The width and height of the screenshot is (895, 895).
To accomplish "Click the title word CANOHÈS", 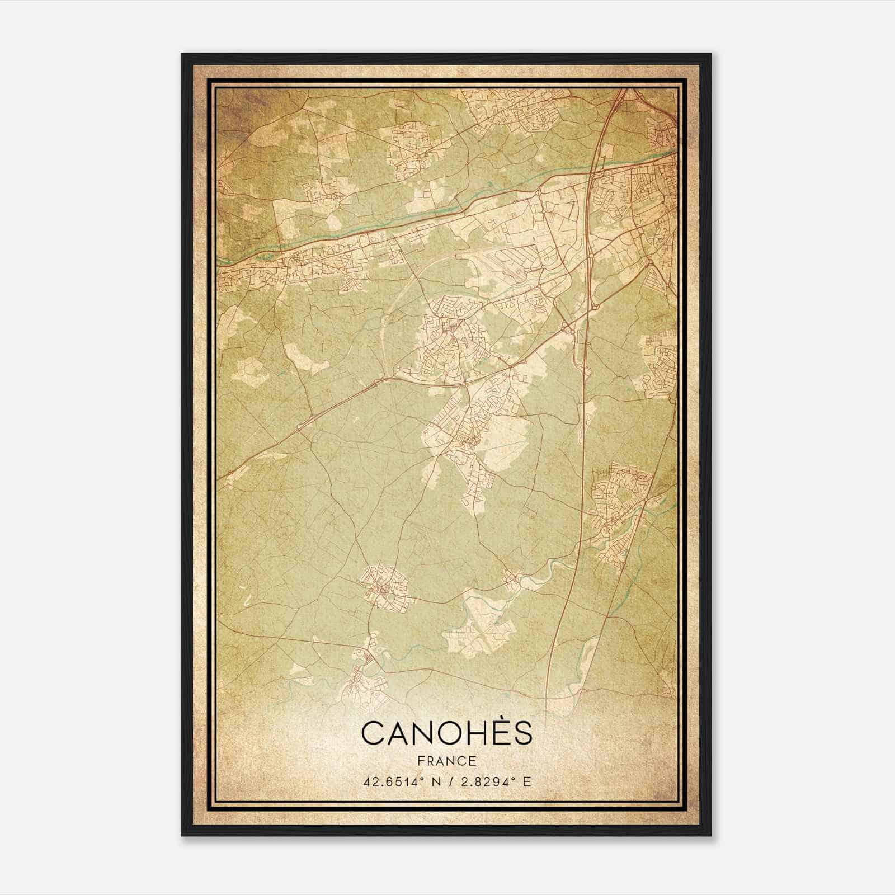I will [446, 733].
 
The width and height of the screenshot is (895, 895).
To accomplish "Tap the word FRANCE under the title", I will [446, 761].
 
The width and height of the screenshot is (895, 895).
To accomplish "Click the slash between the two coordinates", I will [447, 782].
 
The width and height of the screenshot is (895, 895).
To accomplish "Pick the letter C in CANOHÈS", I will [373, 733].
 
